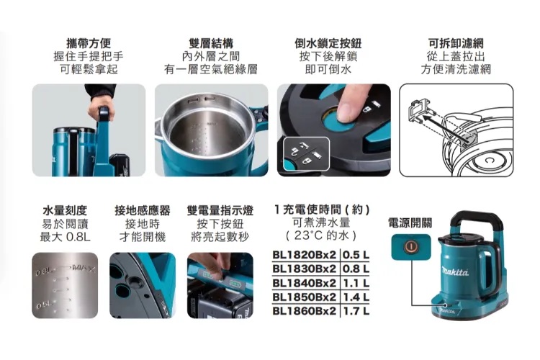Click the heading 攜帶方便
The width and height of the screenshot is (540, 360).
click(x=89, y=43)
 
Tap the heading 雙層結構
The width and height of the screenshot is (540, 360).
click(x=211, y=43)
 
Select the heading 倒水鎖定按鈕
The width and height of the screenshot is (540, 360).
click(x=328, y=43)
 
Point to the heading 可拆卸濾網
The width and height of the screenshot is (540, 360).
click(x=456, y=43)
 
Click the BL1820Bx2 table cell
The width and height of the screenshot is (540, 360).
click(x=304, y=255)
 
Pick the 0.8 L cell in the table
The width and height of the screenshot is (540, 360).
click(x=356, y=269)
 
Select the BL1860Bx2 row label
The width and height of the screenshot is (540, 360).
click(x=304, y=311)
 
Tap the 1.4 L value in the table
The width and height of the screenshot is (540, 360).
click(x=356, y=297)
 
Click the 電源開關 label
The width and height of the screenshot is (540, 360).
click(x=410, y=223)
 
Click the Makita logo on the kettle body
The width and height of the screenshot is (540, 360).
click(x=455, y=272)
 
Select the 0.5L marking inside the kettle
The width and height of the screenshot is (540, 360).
click(x=44, y=305)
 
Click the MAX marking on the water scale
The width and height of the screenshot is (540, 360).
click(x=84, y=268)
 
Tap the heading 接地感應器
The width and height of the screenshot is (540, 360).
click(x=143, y=210)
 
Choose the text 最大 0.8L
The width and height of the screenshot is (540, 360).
click(x=65, y=237)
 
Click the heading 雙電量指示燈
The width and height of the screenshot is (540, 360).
click(x=220, y=210)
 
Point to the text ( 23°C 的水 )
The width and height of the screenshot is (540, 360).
click(x=321, y=235)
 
